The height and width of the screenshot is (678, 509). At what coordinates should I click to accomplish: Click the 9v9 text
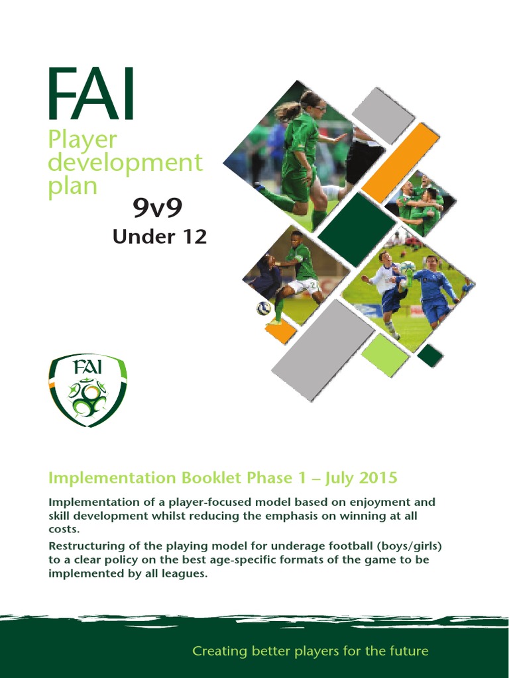click(157, 209)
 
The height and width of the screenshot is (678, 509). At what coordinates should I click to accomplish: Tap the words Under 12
click(159, 237)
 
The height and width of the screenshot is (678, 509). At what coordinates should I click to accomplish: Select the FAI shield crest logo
click(87, 389)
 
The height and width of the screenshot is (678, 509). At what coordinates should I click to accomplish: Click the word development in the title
click(125, 163)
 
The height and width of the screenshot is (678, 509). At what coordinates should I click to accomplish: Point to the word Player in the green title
click(82, 139)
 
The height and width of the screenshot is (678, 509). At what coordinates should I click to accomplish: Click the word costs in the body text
click(64, 528)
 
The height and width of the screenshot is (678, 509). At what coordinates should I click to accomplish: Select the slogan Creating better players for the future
click(310, 651)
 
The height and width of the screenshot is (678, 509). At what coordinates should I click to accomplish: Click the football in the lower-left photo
click(264, 308)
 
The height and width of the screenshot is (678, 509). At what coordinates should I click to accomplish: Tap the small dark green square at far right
click(429, 356)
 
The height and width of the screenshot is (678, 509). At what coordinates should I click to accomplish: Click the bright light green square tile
click(384, 354)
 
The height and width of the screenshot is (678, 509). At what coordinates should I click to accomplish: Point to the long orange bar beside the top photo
click(400, 162)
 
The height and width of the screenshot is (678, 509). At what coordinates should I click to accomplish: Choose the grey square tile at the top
click(383, 115)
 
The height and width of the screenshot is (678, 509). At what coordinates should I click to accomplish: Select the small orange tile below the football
click(280, 330)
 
